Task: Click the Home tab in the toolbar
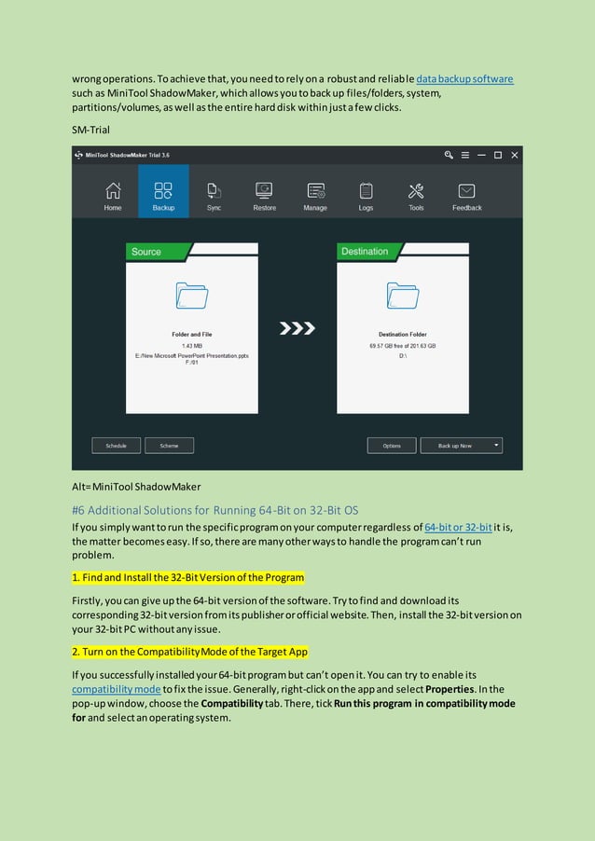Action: coord(113,196)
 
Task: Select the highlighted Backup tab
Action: coord(163,196)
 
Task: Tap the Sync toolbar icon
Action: coord(214,196)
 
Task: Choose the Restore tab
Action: coord(264,196)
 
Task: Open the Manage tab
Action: coord(315,196)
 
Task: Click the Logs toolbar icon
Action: coord(366,196)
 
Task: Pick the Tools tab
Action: coord(416,196)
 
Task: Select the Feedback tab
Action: coord(467,196)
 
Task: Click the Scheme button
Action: coord(169,446)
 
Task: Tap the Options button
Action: coord(392,446)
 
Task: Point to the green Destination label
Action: coord(366,252)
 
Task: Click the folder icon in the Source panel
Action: coord(192,296)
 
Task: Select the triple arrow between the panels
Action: coord(297,328)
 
